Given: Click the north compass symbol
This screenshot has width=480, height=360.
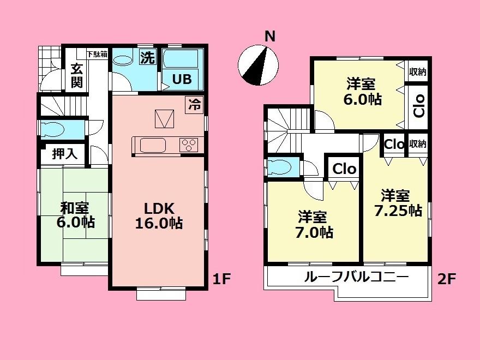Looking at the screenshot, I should [x=258, y=65].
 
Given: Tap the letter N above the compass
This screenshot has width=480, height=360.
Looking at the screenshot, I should [x=269, y=37].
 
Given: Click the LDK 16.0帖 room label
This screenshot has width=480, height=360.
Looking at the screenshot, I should [x=159, y=215].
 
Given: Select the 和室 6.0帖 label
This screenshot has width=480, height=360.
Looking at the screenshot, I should [x=76, y=215].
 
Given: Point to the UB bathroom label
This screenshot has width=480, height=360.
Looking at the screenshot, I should [x=182, y=79].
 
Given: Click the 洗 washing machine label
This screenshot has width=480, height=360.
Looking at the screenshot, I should [x=148, y=58].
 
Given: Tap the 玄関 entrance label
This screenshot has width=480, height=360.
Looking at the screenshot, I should [x=76, y=76].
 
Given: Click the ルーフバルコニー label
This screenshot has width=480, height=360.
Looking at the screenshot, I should [x=356, y=277].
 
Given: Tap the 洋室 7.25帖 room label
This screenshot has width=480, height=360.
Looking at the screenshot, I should [x=398, y=203].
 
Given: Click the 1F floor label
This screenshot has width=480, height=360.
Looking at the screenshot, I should [x=222, y=279].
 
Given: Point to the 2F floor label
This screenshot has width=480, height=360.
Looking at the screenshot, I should [x=447, y=279].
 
